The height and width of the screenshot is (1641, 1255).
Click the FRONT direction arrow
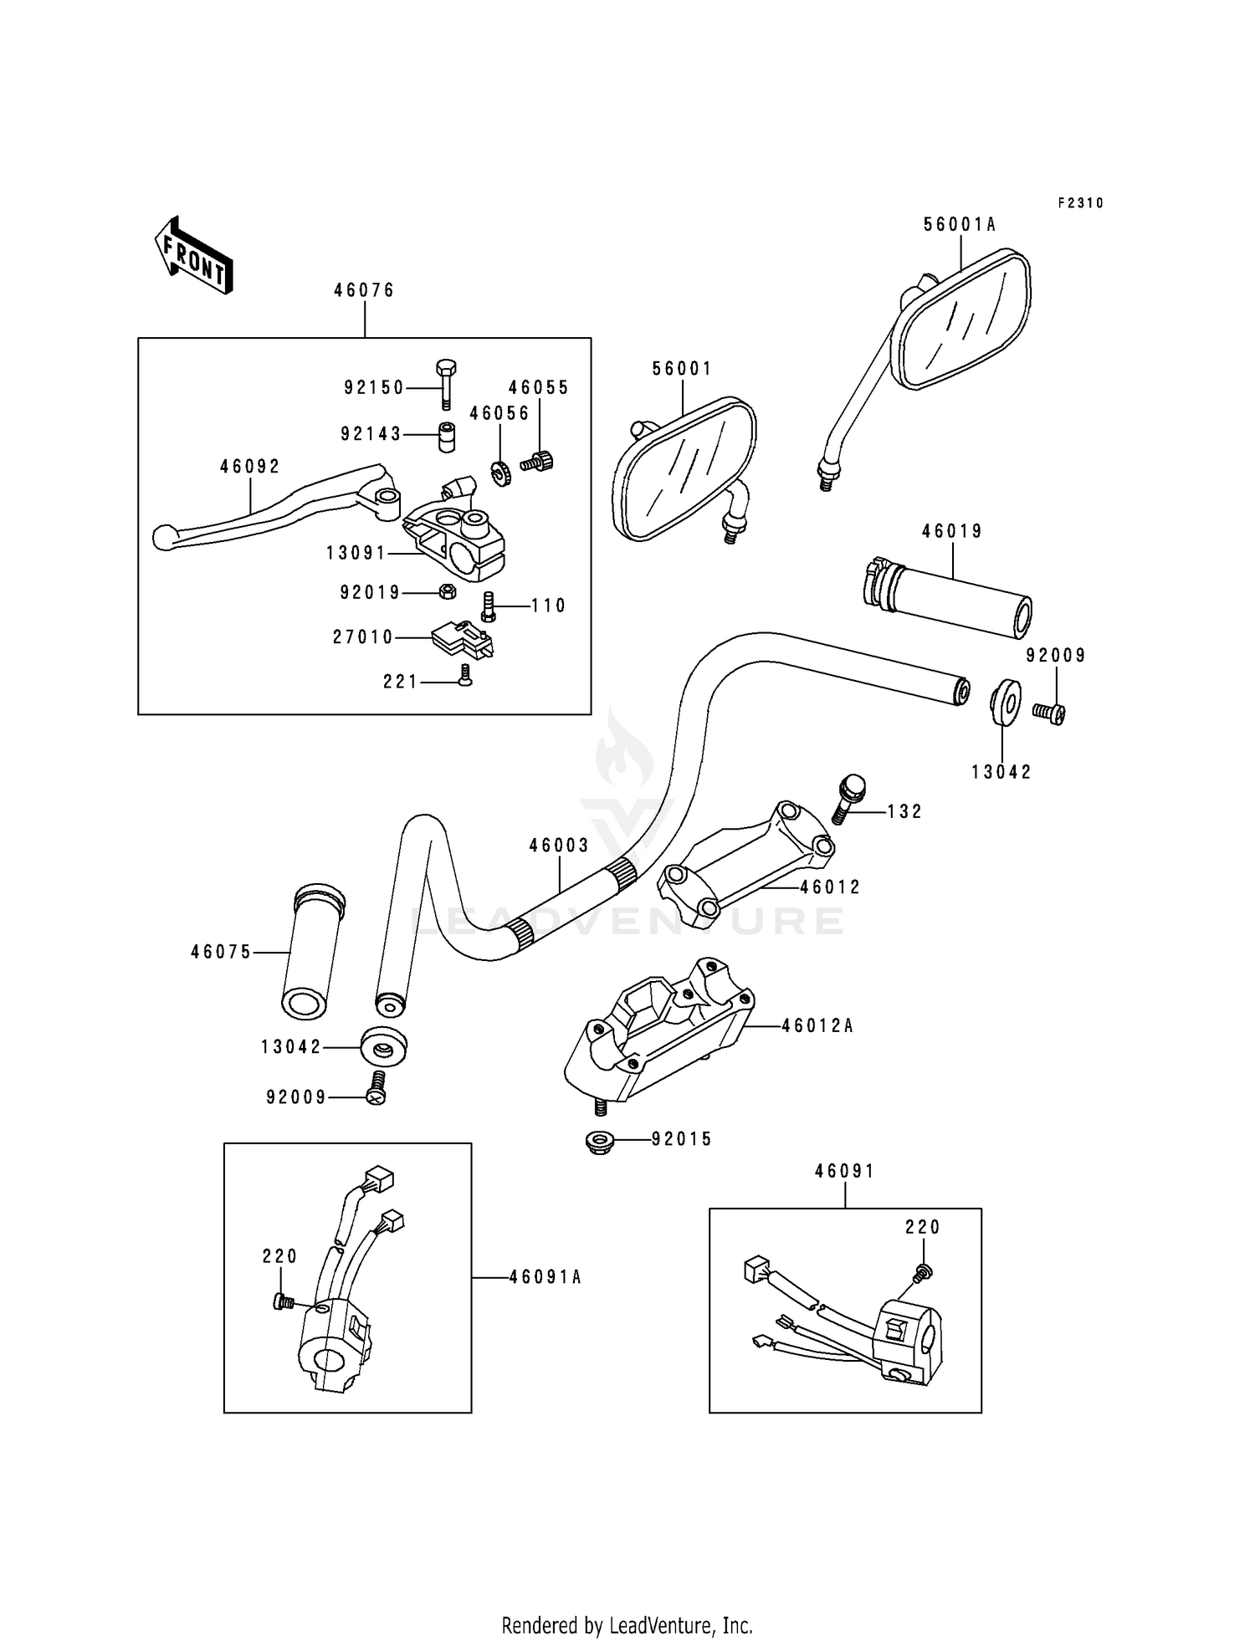193,254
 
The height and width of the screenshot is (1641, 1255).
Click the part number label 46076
364,290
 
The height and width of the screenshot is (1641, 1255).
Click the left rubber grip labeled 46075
312,953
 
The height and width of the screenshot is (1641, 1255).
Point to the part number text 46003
559,846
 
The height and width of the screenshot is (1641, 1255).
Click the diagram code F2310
1080,203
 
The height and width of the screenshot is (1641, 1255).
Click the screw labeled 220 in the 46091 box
924,1272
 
